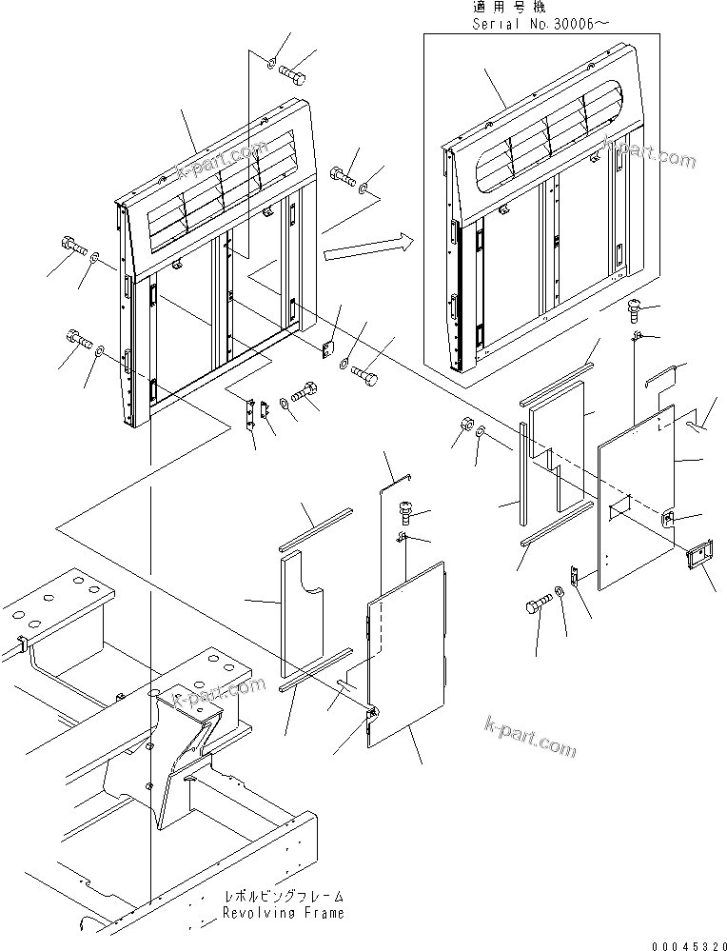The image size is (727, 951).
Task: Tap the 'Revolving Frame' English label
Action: click(283, 913)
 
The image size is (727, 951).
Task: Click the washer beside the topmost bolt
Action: click(272, 64)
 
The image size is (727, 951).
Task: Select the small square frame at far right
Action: click(698, 558)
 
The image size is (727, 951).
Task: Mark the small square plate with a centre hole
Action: click(329, 348)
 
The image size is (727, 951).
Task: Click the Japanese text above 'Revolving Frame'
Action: click(283, 897)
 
